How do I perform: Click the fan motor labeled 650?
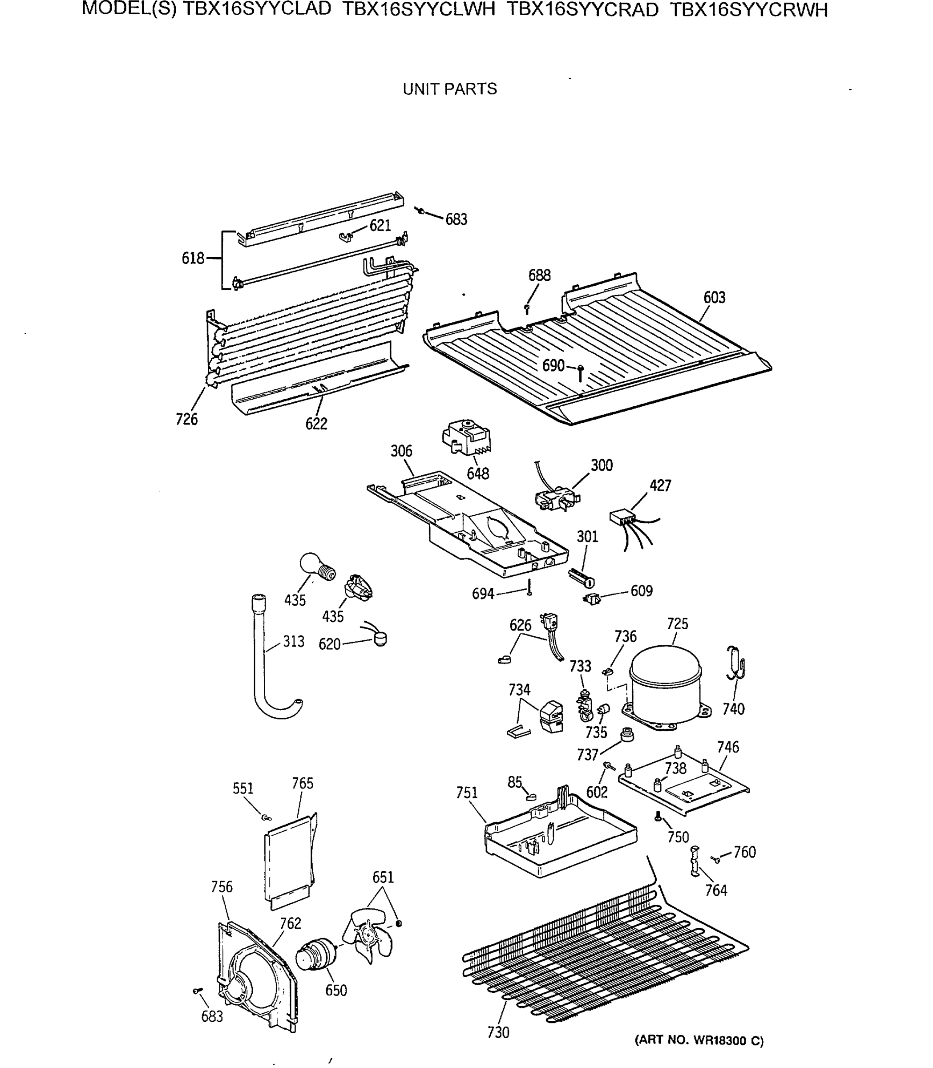click(315, 957)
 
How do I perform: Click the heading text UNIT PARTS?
click(449, 89)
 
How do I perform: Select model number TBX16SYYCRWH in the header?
click(748, 10)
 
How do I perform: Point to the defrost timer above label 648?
click(466, 437)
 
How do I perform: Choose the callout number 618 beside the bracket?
click(193, 258)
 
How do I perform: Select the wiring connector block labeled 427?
click(623, 517)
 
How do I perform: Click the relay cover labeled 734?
click(551, 717)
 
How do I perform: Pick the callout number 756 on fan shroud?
click(222, 886)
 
